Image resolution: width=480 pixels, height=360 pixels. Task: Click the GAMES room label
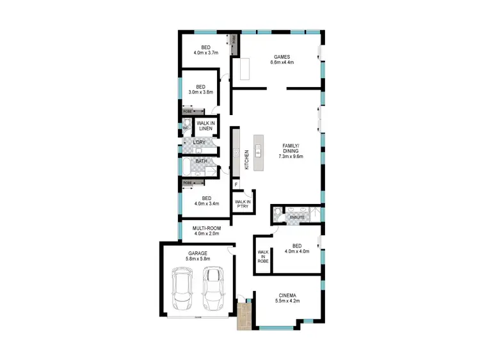point(282,59)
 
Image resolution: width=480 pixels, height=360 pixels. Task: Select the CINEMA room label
point(287,299)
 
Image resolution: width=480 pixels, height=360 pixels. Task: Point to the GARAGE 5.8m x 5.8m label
point(197,256)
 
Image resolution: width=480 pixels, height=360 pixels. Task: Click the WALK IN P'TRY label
point(243,203)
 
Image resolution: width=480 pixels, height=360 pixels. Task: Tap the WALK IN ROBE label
point(263,254)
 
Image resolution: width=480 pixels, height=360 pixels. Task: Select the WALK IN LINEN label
point(205,125)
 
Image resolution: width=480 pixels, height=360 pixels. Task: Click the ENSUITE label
point(297,218)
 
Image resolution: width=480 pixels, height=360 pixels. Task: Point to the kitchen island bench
point(259,153)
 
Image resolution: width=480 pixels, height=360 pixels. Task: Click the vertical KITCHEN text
point(246,160)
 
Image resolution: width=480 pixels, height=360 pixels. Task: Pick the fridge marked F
point(236,185)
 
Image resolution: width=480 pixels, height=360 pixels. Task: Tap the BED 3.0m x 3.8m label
point(200,90)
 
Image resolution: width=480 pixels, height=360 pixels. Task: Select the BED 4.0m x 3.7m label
point(205,50)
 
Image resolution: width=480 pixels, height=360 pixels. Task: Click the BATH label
point(201,161)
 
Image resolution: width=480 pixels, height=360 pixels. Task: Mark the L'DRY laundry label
point(199,142)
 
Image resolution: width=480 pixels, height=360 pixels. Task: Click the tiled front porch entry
point(244,317)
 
